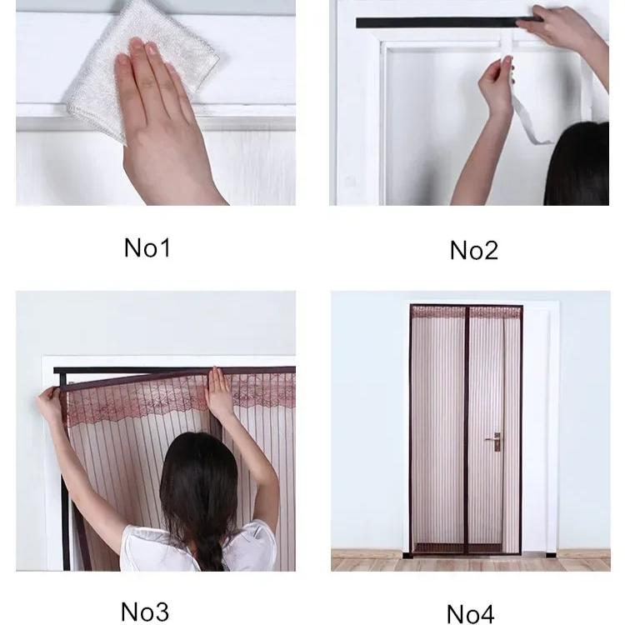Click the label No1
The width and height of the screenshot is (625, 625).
[147, 247]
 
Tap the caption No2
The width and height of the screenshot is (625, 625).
[472, 249]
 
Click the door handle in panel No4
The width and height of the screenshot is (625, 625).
[495, 438]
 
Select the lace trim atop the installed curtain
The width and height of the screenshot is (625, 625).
[467, 312]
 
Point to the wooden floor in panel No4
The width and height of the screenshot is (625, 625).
[367, 558]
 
